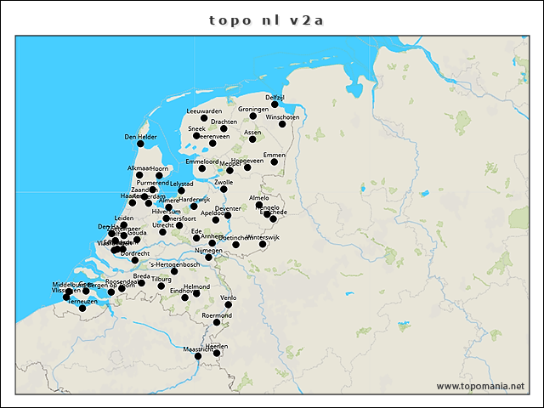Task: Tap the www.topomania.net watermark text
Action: click(x=480, y=386)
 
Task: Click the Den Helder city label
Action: click(x=140, y=136)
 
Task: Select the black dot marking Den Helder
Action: click(x=140, y=144)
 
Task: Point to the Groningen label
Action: click(x=253, y=109)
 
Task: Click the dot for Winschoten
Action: click(x=282, y=124)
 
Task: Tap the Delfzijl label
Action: click(x=275, y=98)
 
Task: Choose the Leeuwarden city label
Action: click(x=204, y=111)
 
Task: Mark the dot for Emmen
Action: click(x=274, y=162)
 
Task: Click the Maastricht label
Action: click(x=197, y=348)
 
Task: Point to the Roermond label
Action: click(x=217, y=315)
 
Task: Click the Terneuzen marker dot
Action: click(x=82, y=308)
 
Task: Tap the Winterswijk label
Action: click(x=262, y=237)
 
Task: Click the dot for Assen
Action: click(x=252, y=139)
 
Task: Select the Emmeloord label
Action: click(x=202, y=161)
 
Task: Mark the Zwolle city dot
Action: click(x=224, y=190)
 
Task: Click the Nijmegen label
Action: click(x=208, y=251)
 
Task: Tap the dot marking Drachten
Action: click(x=224, y=129)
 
